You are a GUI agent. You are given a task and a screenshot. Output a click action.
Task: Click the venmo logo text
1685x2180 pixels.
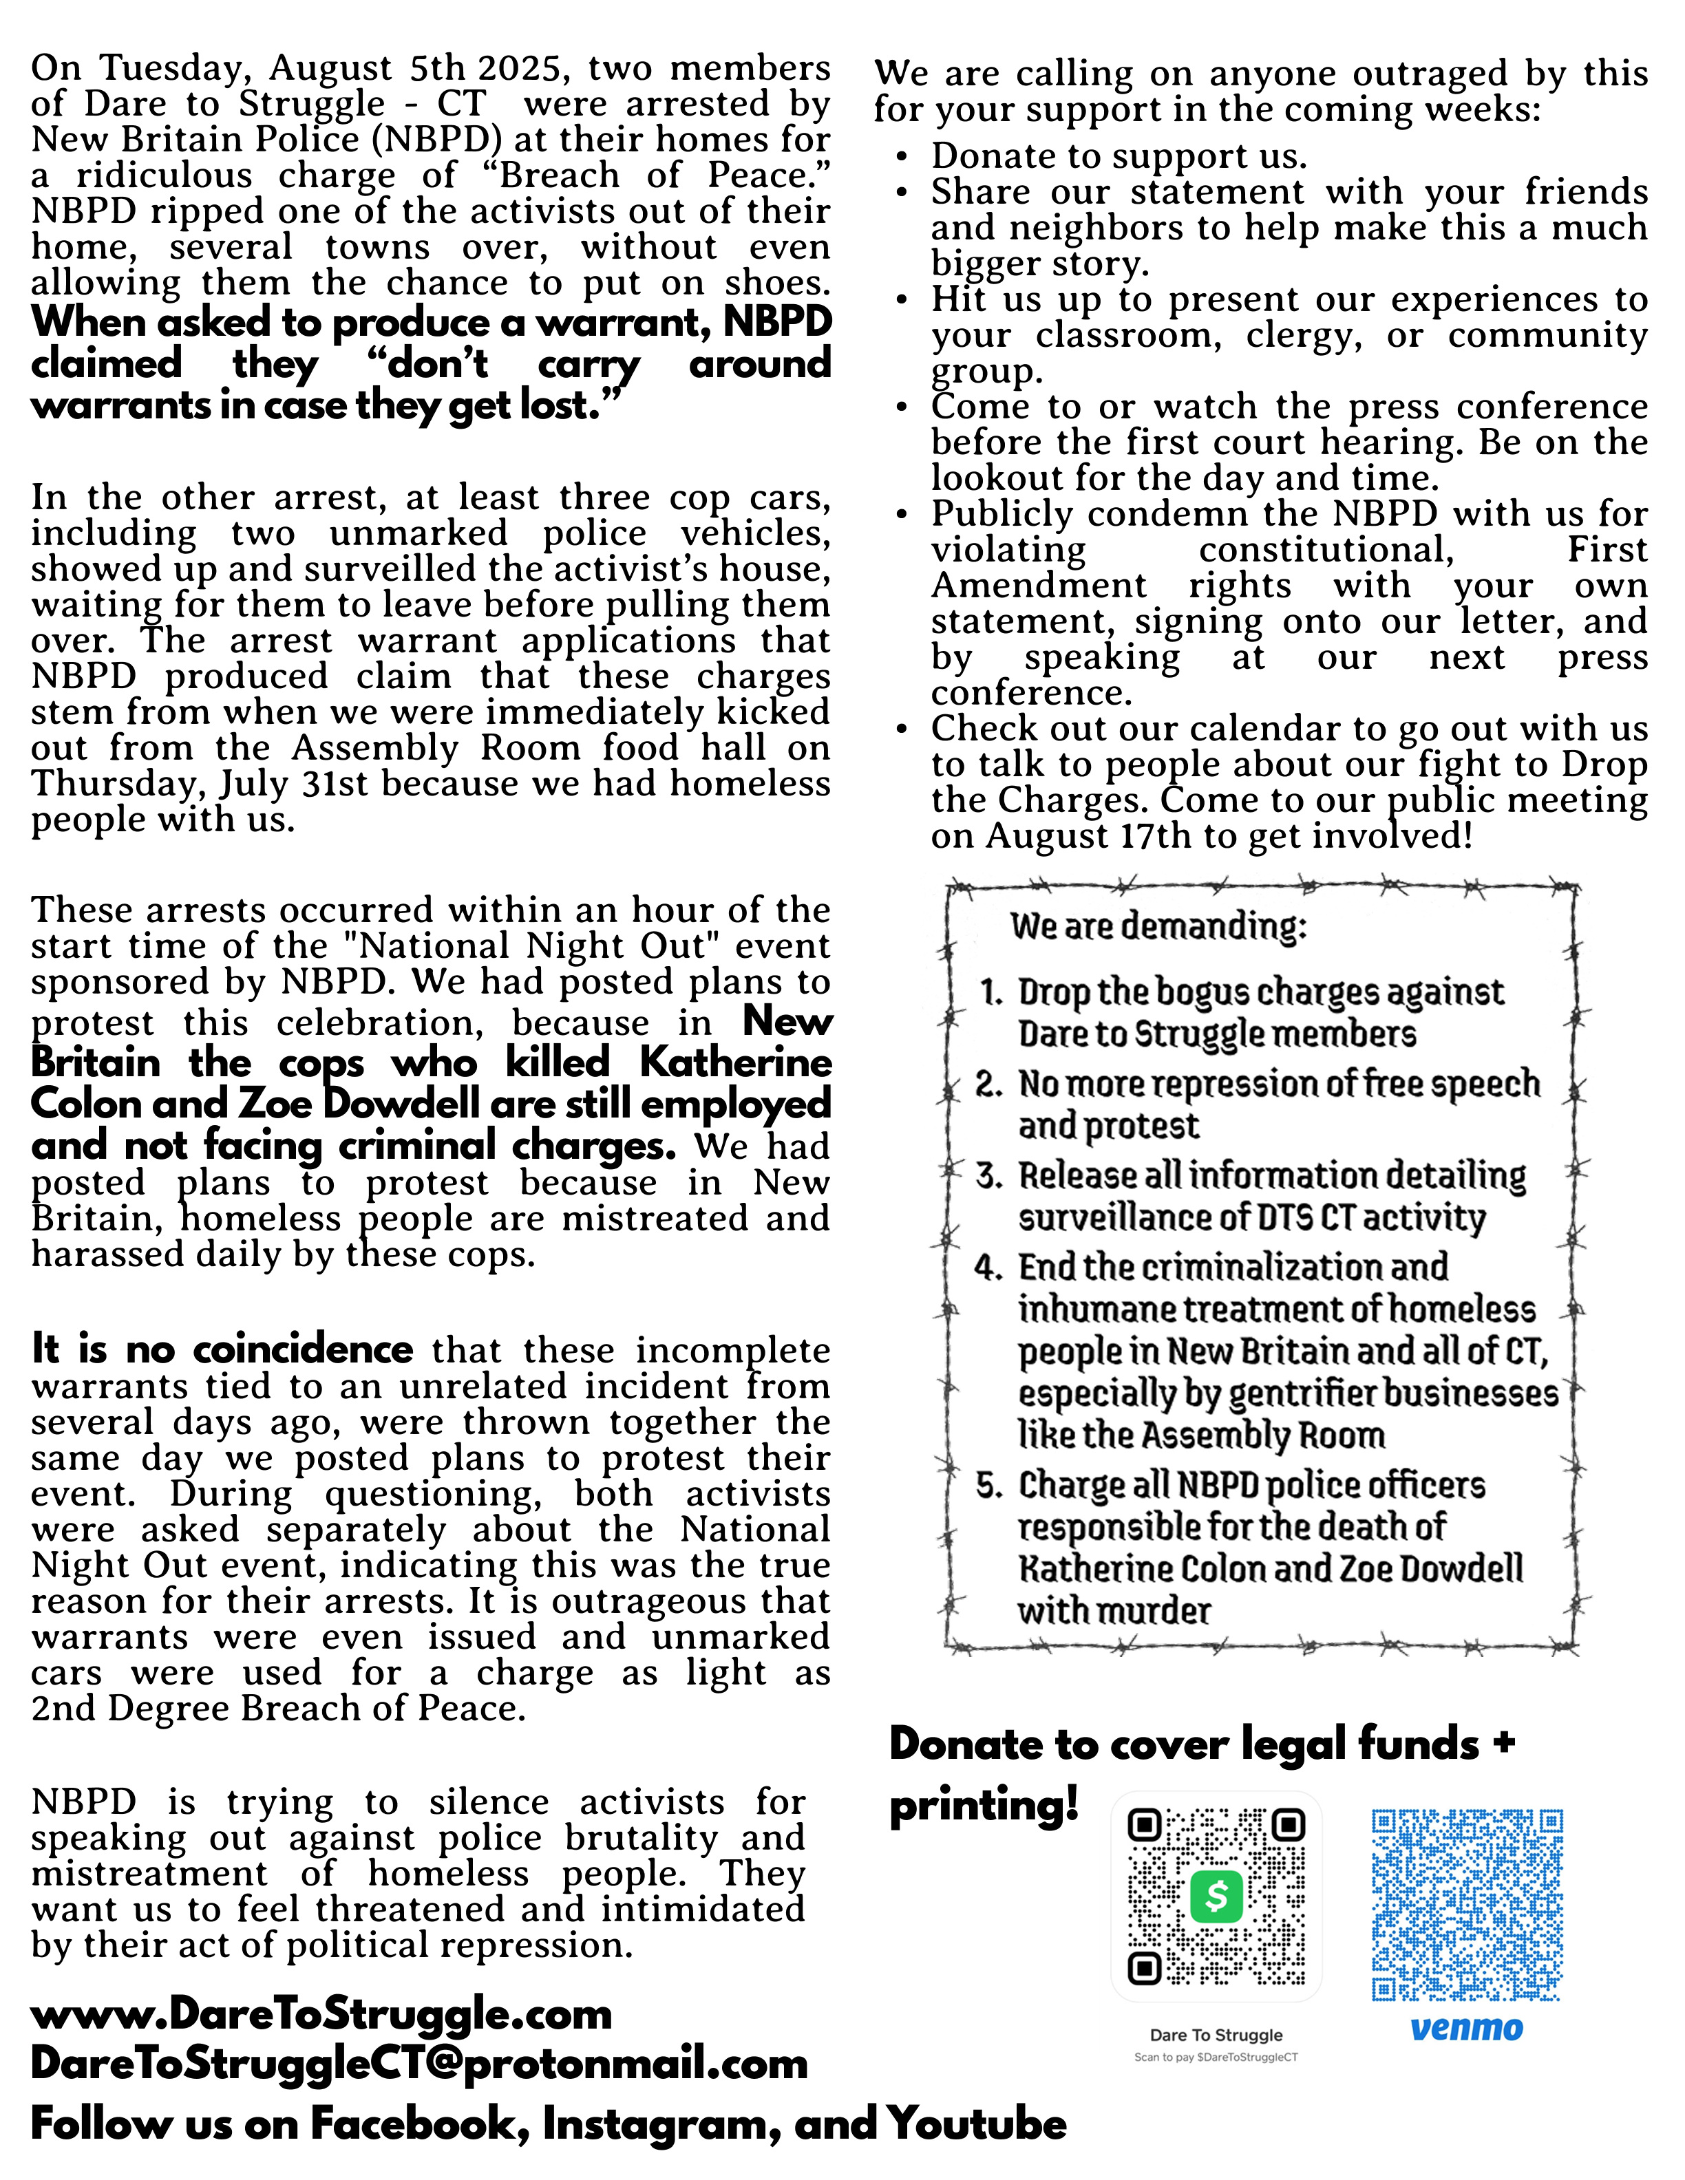1466,2029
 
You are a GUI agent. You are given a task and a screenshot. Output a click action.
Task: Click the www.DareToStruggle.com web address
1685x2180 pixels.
321,2014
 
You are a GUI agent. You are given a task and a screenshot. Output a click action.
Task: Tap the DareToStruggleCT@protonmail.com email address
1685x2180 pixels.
419,2063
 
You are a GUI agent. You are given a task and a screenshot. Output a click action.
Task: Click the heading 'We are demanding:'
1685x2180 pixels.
1158,926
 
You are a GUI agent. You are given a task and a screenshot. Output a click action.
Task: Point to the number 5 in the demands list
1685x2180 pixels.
988,1486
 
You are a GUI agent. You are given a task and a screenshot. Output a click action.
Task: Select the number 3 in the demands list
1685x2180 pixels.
988,1176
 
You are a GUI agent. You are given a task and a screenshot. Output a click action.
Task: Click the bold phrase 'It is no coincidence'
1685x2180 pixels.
222,1349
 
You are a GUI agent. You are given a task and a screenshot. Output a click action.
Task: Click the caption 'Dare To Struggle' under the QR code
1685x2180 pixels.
1216,2034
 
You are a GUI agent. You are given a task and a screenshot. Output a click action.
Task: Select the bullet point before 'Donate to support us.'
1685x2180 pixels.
902,157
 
